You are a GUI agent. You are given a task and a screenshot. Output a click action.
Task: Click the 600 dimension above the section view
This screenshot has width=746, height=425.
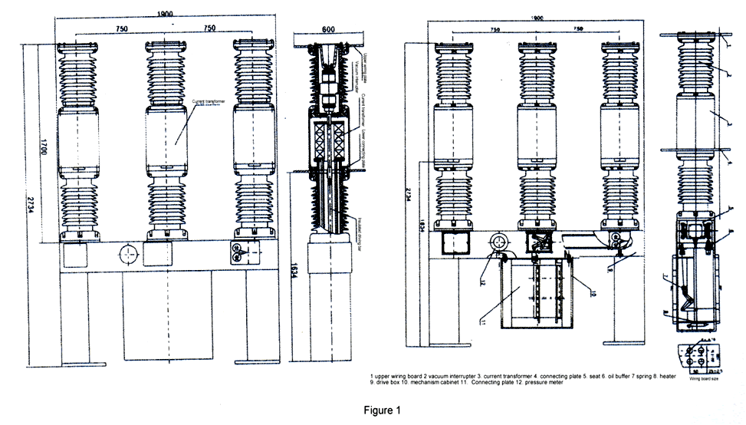pos(327,28)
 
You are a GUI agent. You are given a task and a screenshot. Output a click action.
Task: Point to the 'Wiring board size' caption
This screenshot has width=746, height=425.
pos(702,378)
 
